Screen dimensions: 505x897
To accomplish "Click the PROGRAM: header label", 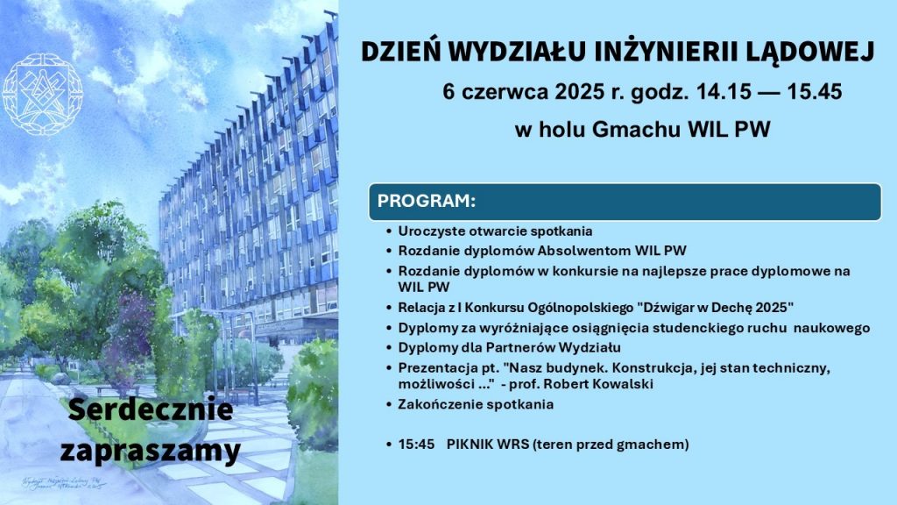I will click(426, 201).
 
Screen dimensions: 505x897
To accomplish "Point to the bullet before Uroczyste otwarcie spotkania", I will click(389, 232).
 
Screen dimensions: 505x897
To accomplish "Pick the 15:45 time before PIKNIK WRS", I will click(416, 445).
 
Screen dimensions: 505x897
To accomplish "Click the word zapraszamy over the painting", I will click(150, 451).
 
